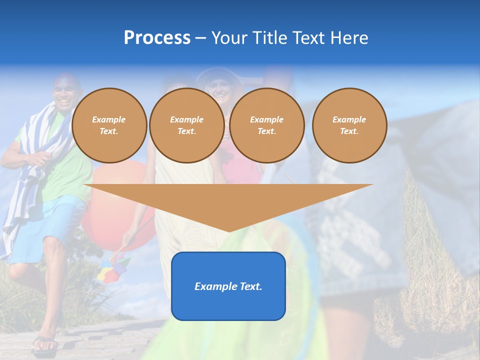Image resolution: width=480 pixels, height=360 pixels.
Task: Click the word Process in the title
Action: pyautogui.click(x=157, y=38)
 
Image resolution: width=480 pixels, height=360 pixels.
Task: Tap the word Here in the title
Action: pyautogui.click(x=348, y=38)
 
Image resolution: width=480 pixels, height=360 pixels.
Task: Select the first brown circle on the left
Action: pyautogui.click(x=109, y=125)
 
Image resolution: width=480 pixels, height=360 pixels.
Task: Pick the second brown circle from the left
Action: pyautogui.click(x=186, y=125)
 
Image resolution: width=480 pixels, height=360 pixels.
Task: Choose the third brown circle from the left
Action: pyautogui.click(x=266, y=125)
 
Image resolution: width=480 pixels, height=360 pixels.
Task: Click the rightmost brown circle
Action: pyautogui.click(x=349, y=125)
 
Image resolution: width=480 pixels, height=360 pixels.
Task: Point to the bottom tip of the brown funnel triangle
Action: pyautogui.click(x=229, y=230)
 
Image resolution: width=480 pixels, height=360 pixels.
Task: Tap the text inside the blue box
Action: pyautogui.click(x=228, y=286)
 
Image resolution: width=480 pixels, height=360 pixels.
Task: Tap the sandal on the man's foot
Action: pyautogui.click(x=45, y=344)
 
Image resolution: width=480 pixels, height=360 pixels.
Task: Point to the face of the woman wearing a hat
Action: pyautogui.click(x=219, y=88)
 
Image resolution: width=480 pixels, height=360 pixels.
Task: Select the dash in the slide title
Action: pyautogui.click(x=201, y=38)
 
